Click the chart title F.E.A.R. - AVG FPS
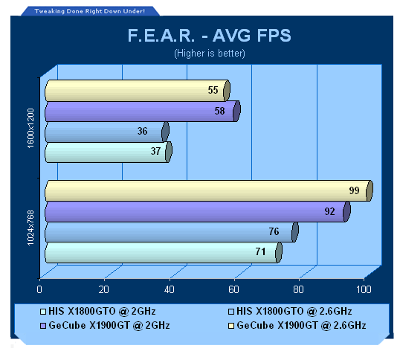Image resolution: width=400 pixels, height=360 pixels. click(x=209, y=35)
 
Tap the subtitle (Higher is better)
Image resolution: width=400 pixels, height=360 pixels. click(x=210, y=54)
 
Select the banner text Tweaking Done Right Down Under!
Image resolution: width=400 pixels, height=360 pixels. click(x=90, y=11)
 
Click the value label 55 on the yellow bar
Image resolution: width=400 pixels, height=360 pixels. click(x=213, y=90)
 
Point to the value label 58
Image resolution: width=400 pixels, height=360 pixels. click(x=219, y=111)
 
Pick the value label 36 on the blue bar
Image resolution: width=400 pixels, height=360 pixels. click(x=142, y=131)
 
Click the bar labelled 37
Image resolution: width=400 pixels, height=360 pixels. click(x=109, y=152)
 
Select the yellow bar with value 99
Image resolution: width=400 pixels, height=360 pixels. click(x=209, y=190)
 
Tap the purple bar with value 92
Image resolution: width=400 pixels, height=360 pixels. click(x=198, y=211)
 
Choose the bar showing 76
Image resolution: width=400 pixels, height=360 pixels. click(x=172, y=232)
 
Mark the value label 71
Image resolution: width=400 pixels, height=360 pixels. click(x=260, y=252)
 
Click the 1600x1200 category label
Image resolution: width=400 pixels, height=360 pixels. click(x=30, y=128)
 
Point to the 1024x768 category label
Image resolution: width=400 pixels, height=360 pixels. click(x=30, y=228)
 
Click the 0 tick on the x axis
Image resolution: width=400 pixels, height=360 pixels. click(x=39, y=289)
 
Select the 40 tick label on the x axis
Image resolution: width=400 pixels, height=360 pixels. click(x=169, y=289)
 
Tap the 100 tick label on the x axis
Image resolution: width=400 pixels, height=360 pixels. click(x=364, y=289)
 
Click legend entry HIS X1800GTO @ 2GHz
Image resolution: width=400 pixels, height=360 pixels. click(x=98, y=312)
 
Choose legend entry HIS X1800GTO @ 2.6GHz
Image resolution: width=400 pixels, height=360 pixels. click(x=290, y=312)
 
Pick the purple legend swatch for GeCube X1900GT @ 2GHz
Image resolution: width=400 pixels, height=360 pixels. click(x=43, y=326)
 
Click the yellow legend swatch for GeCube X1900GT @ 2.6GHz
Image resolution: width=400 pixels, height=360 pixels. click(x=231, y=326)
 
